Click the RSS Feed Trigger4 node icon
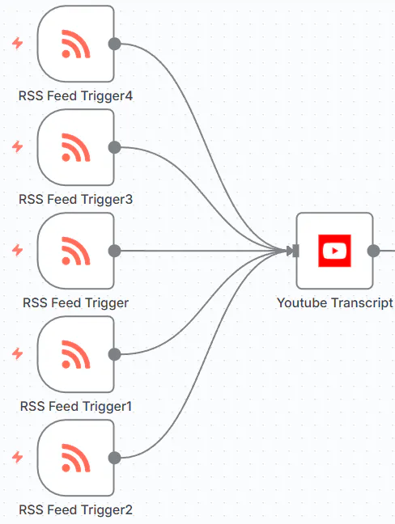(x=75, y=44)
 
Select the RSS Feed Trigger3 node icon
(x=75, y=147)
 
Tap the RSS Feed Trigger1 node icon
(x=75, y=354)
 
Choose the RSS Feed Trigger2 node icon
(x=75, y=458)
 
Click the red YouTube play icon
(x=333, y=251)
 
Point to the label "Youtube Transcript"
(x=334, y=302)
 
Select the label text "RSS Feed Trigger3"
(x=75, y=199)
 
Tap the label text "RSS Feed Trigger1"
(x=75, y=406)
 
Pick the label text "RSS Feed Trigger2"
(x=75, y=509)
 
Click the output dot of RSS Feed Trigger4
(x=114, y=44)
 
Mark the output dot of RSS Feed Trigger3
(x=114, y=147)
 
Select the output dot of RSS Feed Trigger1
(x=114, y=354)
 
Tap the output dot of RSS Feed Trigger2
(x=114, y=458)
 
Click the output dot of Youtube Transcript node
(x=373, y=251)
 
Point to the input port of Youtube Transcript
(x=295, y=251)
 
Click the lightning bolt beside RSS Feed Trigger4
(x=18, y=44)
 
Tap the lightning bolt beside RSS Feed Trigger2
(x=18, y=458)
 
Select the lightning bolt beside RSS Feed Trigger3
(x=18, y=147)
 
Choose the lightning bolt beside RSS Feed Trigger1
(x=18, y=354)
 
